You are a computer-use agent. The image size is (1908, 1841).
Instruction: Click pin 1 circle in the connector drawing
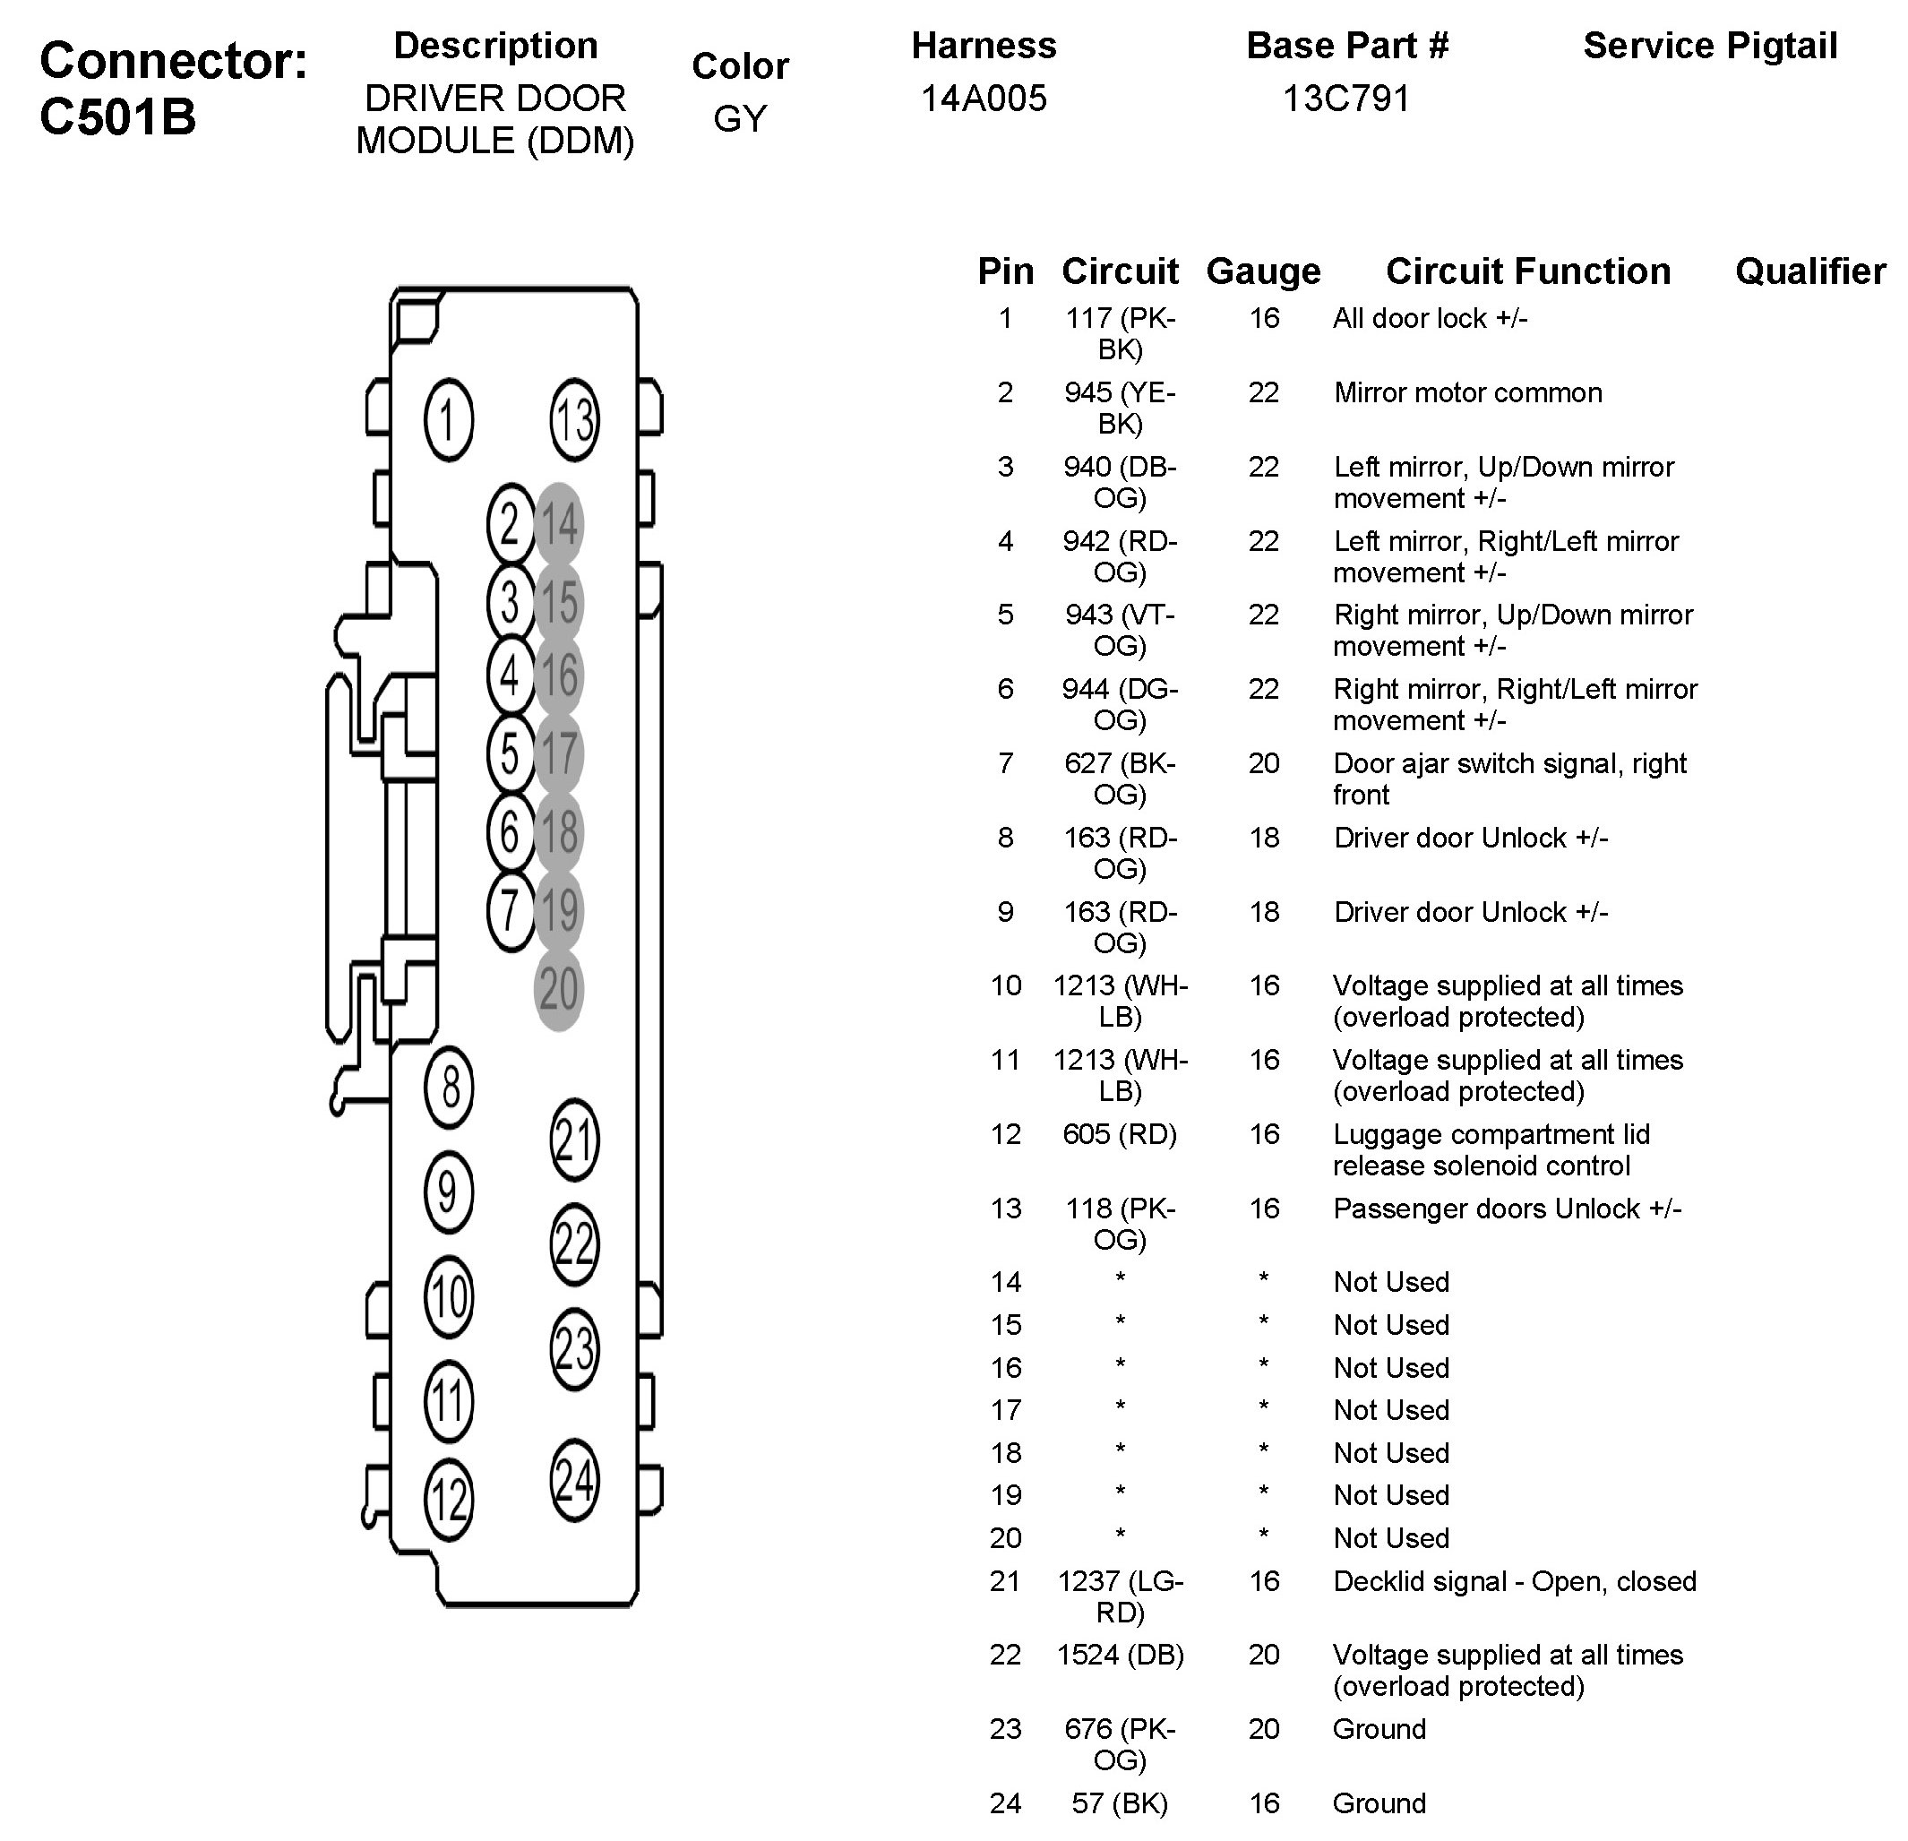449,419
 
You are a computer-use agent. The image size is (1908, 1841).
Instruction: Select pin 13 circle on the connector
574,419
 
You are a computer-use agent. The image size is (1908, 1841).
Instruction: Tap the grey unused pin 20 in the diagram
559,989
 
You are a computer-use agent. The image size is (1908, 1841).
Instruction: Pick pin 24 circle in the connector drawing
574,1480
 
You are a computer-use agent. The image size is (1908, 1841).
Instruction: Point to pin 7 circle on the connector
510,911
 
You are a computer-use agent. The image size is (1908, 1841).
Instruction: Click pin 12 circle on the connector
449,1500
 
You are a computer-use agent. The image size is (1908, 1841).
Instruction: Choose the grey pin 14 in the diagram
559,525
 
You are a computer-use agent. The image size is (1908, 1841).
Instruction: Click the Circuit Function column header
1527,271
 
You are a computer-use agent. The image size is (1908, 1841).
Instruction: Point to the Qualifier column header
1809,271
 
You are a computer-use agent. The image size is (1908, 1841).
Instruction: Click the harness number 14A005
984,99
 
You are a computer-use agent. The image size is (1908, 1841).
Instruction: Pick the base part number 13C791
1346,99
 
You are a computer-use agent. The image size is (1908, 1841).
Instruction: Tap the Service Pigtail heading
1709,46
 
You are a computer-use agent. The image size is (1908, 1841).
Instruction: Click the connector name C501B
117,116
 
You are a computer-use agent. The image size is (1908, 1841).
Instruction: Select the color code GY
740,119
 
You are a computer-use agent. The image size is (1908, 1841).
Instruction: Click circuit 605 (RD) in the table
1120,1134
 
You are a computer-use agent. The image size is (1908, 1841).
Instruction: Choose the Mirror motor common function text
1467,392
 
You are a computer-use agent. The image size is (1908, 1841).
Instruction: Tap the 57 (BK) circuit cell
1120,1803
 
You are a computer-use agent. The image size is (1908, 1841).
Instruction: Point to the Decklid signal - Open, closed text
1514,1581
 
